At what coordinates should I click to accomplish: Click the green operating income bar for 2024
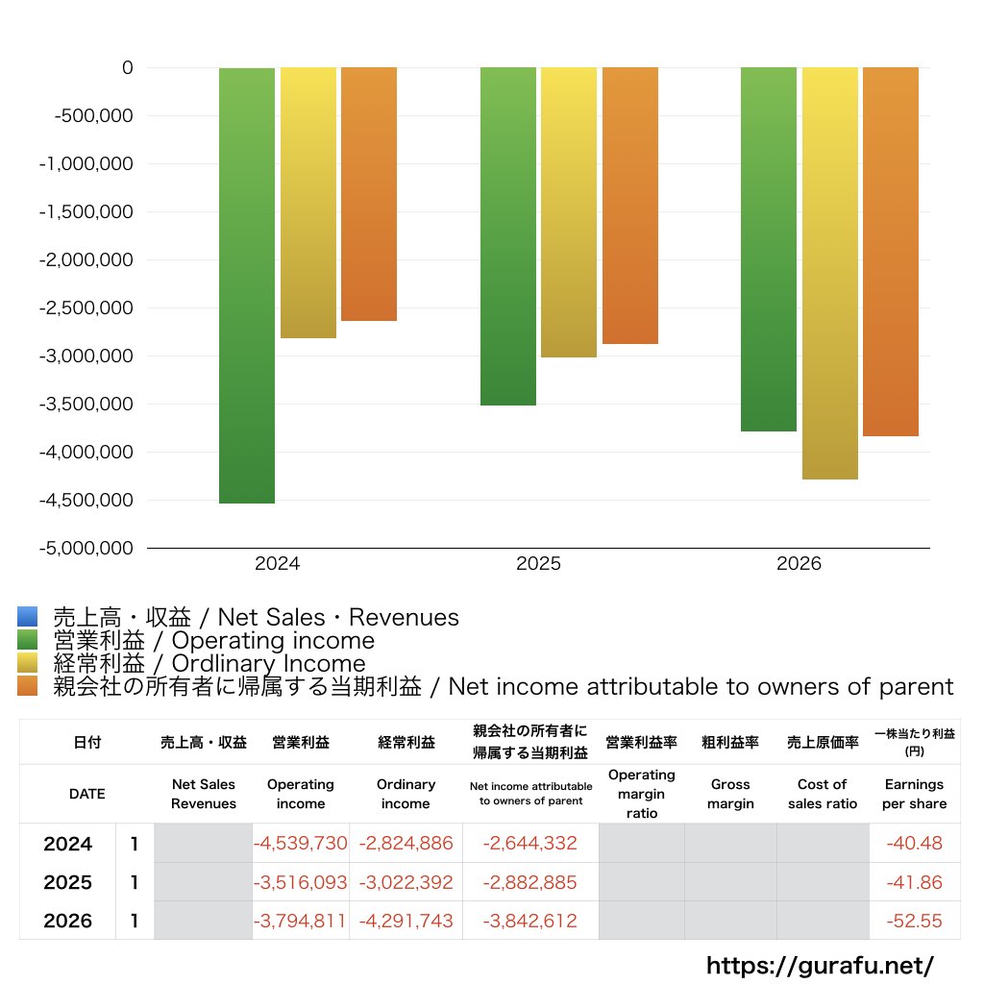(247, 285)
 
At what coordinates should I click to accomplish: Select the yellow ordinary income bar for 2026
(830, 273)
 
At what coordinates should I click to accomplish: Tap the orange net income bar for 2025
(629, 206)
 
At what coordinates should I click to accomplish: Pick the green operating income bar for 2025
(508, 236)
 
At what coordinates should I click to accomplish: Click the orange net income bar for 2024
(369, 194)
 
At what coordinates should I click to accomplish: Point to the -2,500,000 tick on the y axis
(86, 308)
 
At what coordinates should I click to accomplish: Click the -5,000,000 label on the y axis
(86, 549)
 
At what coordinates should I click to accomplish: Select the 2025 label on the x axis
(538, 564)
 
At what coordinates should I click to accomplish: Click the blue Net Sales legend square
(27, 617)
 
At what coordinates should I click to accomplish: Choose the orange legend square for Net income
(27, 686)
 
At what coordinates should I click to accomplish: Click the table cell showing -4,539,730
(301, 844)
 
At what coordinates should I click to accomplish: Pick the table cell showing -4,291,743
(406, 921)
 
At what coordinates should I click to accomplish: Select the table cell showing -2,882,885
(530, 882)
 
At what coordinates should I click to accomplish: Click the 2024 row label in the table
(68, 844)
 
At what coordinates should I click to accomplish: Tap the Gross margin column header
(730, 794)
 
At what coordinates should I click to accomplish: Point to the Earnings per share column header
(914, 794)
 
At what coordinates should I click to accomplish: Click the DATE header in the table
(86, 794)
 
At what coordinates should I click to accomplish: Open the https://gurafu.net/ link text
(820, 965)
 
